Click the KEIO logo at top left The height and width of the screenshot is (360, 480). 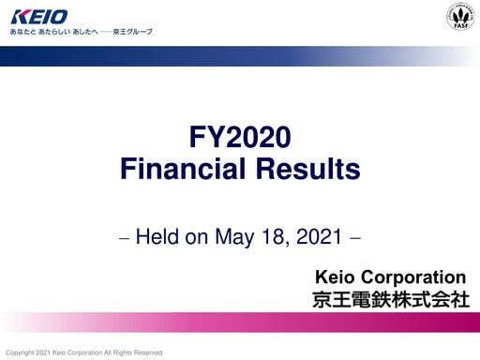[x=38, y=16]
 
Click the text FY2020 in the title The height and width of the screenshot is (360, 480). [x=240, y=140]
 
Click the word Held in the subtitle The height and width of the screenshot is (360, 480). [x=158, y=235]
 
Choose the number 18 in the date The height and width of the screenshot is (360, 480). [x=279, y=235]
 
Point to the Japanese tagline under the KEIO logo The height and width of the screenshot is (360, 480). [x=79, y=33]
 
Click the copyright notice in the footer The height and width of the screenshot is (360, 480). [x=84, y=352]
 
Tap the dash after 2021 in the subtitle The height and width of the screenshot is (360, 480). [x=355, y=237]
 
